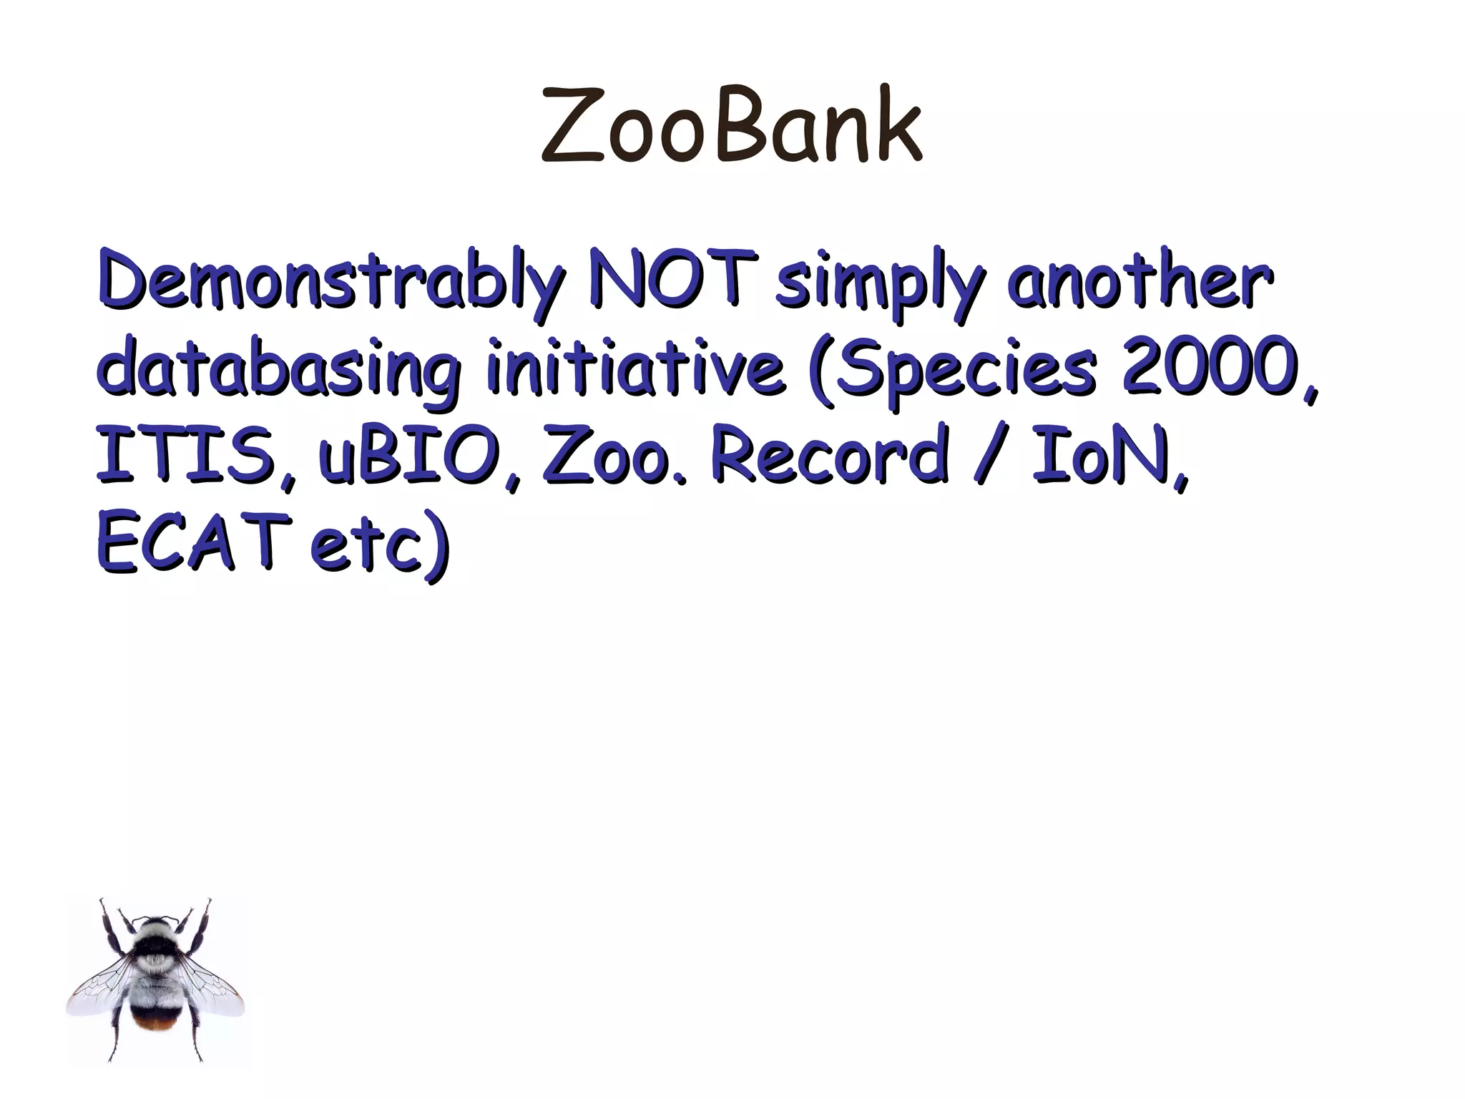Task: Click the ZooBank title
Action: (x=732, y=126)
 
